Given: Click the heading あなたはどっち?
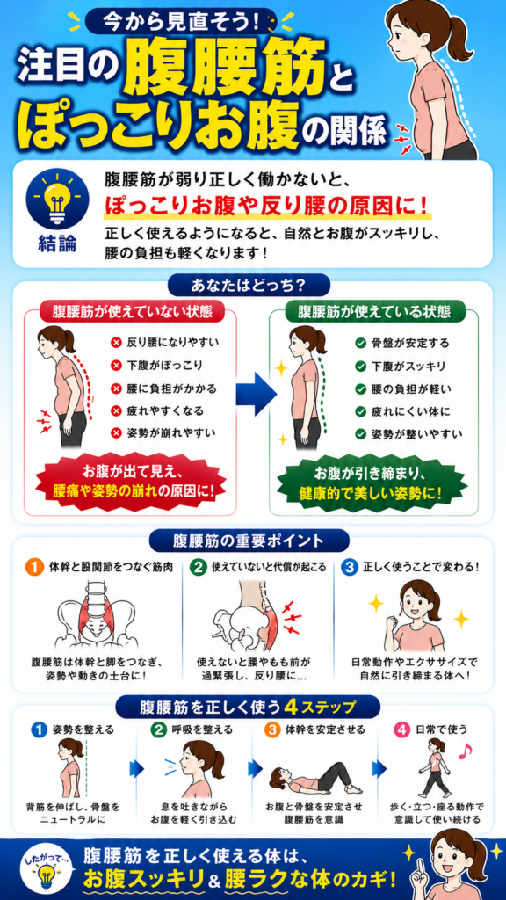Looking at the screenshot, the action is (248, 285).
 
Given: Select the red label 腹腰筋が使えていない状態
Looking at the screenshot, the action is (132, 312).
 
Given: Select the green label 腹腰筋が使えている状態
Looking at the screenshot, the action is (374, 312).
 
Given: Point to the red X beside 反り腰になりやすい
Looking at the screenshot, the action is (116, 344).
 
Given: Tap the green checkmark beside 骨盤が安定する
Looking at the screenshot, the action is (361, 344).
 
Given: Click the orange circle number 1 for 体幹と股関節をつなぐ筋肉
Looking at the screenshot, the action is (35, 568).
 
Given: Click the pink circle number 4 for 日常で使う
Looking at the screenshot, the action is (402, 730).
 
